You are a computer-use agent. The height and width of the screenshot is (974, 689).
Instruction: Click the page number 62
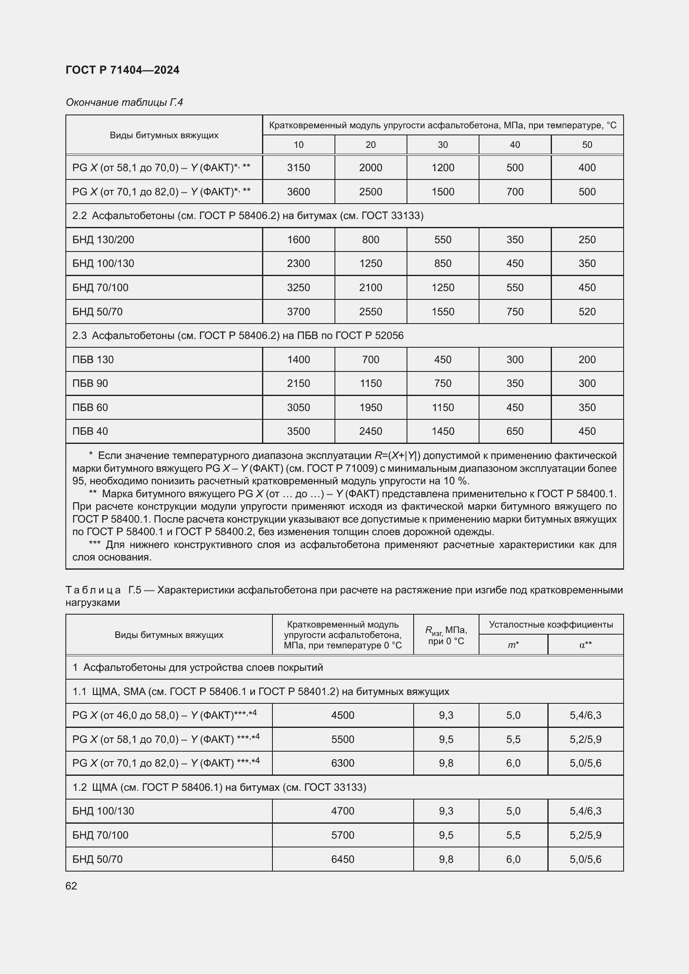tap(71, 886)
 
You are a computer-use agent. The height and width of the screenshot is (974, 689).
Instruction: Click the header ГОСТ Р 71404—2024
tap(122, 70)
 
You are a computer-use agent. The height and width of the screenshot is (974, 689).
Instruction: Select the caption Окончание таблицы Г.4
tap(124, 102)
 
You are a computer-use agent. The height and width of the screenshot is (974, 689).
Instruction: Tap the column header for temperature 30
tap(442, 144)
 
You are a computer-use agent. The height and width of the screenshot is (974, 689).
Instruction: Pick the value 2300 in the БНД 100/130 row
tap(298, 264)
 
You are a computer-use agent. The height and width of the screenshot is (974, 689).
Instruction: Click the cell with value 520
tap(587, 311)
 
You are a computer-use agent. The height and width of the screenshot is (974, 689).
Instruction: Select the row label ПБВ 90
tap(90, 383)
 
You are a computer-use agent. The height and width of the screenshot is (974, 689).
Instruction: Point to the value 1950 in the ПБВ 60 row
tap(370, 407)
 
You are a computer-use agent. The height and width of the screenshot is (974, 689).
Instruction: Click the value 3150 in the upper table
tap(298, 167)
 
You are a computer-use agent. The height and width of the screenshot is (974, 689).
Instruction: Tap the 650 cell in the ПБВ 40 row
tap(514, 431)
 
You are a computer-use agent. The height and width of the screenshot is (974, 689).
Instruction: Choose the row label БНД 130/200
tap(103, 240)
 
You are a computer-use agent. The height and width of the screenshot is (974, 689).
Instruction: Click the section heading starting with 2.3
tap(237, 336)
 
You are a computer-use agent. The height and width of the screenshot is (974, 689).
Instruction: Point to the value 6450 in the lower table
tap(342, 859)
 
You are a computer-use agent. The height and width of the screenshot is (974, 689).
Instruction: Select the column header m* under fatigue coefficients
tap(513, 645)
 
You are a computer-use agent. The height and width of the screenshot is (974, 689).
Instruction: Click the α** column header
tap(585, 645)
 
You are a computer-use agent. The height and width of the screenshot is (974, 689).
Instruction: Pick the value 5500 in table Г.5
tap(342, 740)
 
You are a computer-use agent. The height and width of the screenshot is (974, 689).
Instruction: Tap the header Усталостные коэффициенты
tap(551, 625)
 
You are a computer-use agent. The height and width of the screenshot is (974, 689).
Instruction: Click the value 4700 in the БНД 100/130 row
tap(342, 811)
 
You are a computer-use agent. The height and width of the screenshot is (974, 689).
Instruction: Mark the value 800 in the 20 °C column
tap(370, 240)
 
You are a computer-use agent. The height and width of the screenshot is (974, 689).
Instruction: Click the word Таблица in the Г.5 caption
tap(93, 590)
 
